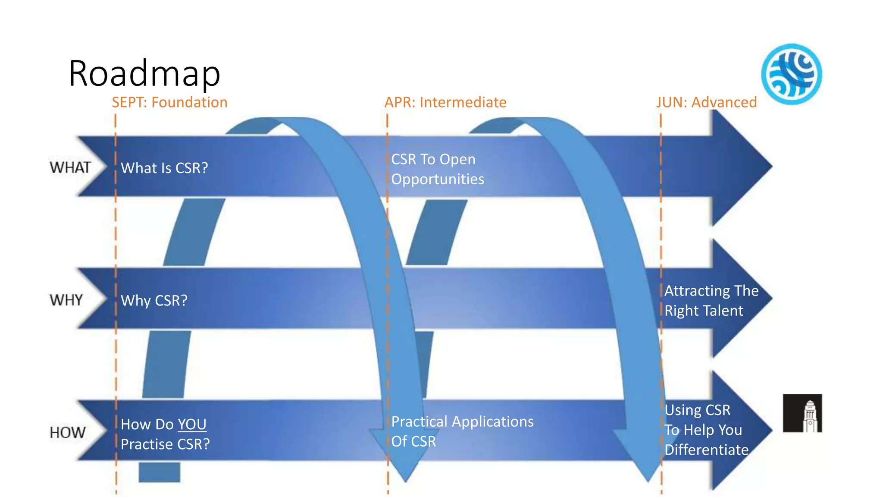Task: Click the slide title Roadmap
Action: point(144,73)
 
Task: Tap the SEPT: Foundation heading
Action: point(169,102)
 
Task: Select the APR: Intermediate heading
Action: point(445,102)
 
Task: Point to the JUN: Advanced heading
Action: point(706,102)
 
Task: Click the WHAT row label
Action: point(70,167)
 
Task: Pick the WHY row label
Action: point(66,300)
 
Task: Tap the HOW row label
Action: point(67,432)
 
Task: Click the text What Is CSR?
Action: point(164,168)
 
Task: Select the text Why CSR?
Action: point(154,300)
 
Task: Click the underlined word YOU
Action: point(192,425)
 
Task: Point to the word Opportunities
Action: point(438,179)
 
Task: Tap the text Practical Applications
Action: point(462,422)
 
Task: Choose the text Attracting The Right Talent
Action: point(711,301)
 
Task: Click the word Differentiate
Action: point(706,450)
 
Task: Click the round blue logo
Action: point(791,74)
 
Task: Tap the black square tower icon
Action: point(802,413)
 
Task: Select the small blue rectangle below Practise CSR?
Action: point(159,472)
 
